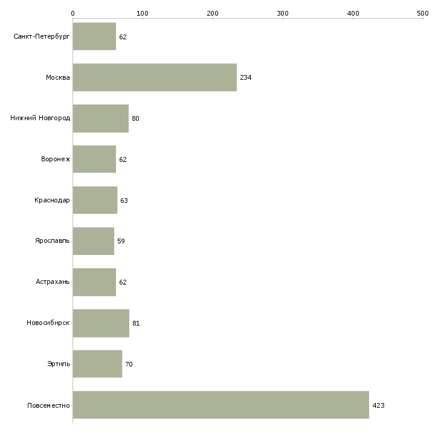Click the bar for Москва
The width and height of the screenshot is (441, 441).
155,77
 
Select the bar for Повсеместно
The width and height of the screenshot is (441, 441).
220,405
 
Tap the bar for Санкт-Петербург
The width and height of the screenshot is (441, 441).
94,36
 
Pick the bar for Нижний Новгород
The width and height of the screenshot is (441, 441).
101,118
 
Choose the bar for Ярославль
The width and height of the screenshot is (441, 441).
94,241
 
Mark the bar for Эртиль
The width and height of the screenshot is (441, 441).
97,364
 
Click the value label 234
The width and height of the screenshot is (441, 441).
245,77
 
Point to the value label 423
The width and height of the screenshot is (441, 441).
378,405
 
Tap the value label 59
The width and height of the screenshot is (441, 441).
121,241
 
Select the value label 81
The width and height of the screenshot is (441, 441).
136,323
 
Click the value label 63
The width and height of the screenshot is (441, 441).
124,201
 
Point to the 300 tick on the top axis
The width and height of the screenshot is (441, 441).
283,19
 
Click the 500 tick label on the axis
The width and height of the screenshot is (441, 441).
423,13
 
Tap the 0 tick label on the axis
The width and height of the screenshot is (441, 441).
73,13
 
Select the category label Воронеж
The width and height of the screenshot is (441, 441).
56,159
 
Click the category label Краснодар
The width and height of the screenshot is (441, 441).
52,200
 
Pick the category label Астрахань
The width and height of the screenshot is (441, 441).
53,282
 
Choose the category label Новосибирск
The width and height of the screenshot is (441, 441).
48,323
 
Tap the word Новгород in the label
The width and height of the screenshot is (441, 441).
54,118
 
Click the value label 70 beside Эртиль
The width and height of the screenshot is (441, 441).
129,364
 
